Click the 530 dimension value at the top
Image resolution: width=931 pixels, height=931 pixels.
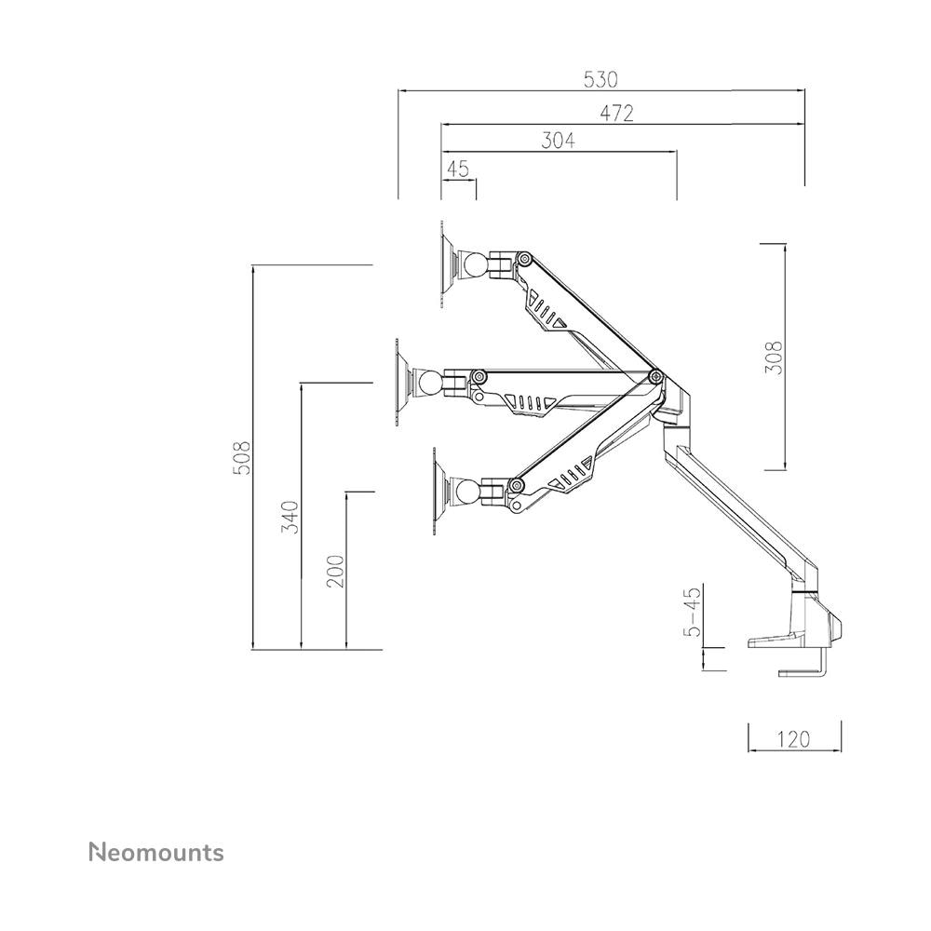pyautogui.click(x=600, y=79)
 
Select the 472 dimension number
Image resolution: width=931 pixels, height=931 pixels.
pyautogui.click(x=616, y=114)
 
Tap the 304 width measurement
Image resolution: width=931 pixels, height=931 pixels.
pyautogui.click(x=558, y=141)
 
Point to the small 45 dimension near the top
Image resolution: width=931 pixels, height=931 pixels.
pyautogui.click(x=458, y=169)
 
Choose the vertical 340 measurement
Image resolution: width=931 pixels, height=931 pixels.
pyautogui.click(x=290, y=517)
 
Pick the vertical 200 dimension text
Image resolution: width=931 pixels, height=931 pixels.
pyautogui.click(x=335, y=571)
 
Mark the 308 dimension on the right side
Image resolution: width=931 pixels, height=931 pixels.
pyautogui.click(x=774, y=358)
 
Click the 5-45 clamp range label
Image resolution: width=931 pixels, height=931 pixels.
pyautogui.click(x=693, y=611)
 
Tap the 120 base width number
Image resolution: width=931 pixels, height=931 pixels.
pyautogui.click(x=794, y=739)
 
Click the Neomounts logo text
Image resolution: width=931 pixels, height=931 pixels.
pyautogui.click(x=156, y=853)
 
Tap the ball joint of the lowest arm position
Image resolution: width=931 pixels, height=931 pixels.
pyautogui.click(x=469, y=492)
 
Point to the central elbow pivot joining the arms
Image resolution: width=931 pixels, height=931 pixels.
pyautogui.click(x=655, y=375)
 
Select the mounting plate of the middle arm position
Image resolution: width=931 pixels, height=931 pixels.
pyautogui.click(x=400, y=382)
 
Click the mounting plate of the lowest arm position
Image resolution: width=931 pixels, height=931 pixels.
pyautogui.click(x=439, y=492)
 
